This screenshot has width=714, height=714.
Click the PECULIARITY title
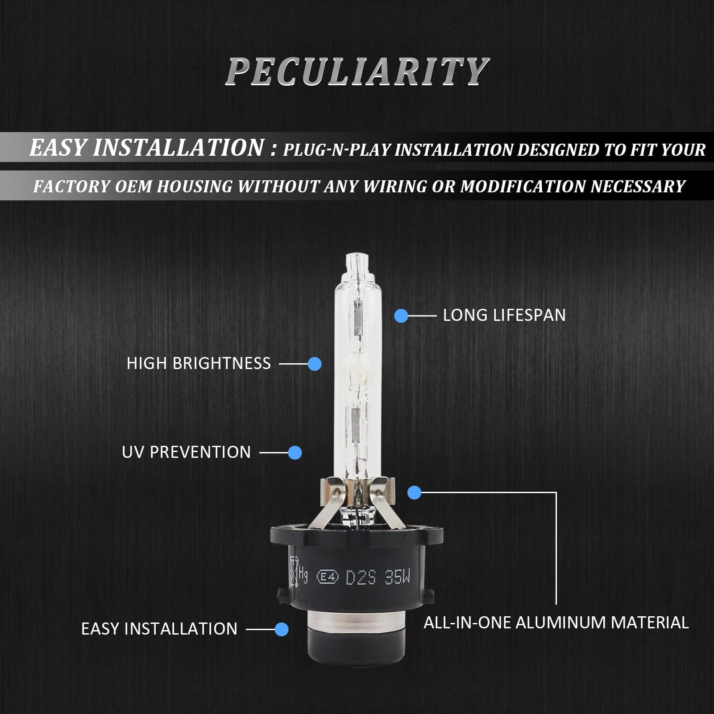click(x=357, y=71)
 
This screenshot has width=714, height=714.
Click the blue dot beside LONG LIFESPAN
click(x=401, y=316)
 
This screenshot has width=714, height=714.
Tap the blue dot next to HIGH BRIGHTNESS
click(x=315, y=364)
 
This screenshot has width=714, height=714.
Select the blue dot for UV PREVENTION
click(x=295, y=452)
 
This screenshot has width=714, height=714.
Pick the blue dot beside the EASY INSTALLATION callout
click(x=282, y=629)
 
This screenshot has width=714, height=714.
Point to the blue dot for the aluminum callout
click(x=415, y=493)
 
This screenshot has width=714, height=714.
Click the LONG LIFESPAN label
click(x=504, y=315)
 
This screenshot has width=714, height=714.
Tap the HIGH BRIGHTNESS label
click(x=199, y=364)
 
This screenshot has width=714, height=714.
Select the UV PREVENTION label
click(x=186, y=452)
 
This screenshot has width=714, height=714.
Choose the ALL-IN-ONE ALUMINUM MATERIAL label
click(x=556, y=623)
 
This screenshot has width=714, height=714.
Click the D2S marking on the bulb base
click(x=361, y=578)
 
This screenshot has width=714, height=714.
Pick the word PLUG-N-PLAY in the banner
click(x=337, y=150)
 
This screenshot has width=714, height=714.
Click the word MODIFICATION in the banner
click(x=523, y=186)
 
